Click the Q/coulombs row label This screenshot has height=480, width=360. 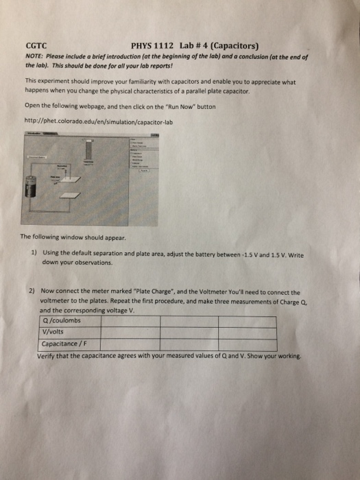[x=62, y=320]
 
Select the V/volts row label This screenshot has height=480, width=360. [x=54, y=332]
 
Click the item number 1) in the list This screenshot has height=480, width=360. [x=34, y=252]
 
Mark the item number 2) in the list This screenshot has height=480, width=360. [x=32, y=291]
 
